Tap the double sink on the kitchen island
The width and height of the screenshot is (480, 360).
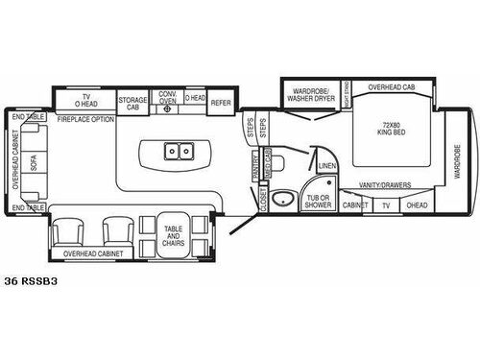[x=175, y=152]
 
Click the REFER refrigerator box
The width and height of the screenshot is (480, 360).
[x=220, y=100]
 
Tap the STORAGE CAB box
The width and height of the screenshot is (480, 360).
[x=132, y=100]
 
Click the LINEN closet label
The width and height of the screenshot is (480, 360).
[x=325, y=166]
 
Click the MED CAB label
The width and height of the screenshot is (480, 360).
[x=270, y=160]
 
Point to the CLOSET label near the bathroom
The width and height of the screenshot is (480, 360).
[x=263, y=202]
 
